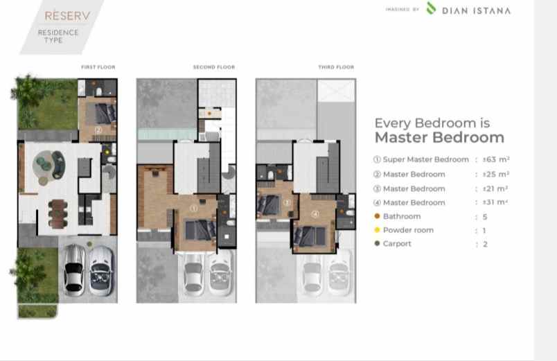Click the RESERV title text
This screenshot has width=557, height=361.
tap(67, 16)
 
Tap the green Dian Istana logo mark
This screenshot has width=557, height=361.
tap(431, 8)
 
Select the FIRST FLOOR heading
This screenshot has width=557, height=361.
tap(98, 67)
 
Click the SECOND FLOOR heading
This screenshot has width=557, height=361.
tap(214, 67)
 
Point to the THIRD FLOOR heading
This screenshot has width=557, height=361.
tap(336, 67)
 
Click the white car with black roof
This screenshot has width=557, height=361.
tap(74, 270)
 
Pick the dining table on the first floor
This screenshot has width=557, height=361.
tap(58, 214)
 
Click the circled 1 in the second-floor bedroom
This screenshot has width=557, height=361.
tap(193, 209)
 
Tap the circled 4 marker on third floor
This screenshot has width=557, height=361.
tap(315, 214)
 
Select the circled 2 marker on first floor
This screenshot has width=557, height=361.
tap(98, 130)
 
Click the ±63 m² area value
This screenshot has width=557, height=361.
tap(496, 159)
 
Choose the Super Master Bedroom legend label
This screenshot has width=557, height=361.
tap(425, 159)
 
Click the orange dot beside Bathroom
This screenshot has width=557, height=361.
tap(378, 216)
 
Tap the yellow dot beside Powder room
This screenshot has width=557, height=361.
tap(378, 230)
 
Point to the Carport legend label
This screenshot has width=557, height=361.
tap(397, 244)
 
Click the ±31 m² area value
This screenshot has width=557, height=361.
tap(495, 202)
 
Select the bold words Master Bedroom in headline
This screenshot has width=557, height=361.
tap(439, 137)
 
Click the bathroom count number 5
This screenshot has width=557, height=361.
tap(485, 217)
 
